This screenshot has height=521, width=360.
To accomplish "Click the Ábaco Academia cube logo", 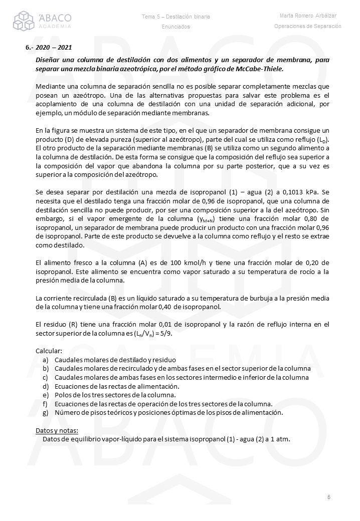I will (x=24, y=21).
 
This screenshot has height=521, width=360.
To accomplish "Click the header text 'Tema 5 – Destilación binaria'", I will (x=176, y=17).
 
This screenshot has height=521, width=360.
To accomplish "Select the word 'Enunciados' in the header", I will (x=176, y=27).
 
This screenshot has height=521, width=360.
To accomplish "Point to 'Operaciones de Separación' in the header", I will (x=308, y=26).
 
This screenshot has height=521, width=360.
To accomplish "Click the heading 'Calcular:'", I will (x=49, y=351).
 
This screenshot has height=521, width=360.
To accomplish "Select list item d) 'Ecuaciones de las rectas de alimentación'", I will (x=117, y=386).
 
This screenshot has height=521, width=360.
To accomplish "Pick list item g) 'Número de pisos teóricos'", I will (x=168, y=413).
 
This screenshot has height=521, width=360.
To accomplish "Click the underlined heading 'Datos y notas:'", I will (x=57, y=430).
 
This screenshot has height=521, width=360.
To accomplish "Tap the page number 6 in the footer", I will (x=329, y=497).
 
